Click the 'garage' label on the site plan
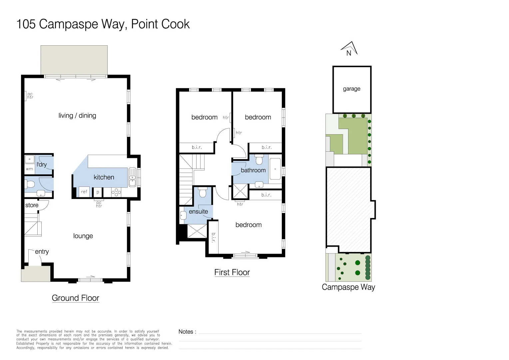point(351,89)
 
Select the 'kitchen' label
point(104,177)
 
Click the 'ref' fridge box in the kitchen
point(84,192)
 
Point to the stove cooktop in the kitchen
point(116,192)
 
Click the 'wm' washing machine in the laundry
point(29,169)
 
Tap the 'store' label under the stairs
point(32,205)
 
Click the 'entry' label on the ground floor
point(42,252)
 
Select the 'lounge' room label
point(83,236)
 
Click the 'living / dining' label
point(77,116)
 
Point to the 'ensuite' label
point(198,212)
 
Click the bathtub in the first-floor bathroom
point(275,169)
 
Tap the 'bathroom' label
point(253,170)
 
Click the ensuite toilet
point(203,192)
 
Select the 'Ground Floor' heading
point(75,298)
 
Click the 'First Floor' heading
point(232,272)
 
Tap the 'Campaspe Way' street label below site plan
point(348,287)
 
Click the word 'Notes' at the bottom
point(186,332)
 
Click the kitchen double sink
point(132,177)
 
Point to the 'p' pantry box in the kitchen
point(98,192)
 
